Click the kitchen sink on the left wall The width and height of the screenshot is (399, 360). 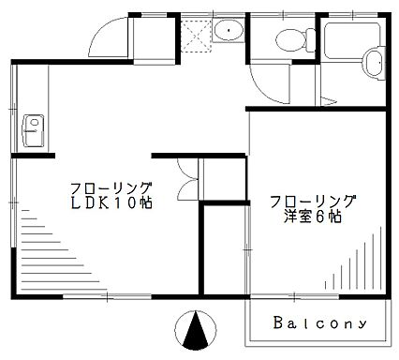[x=31, y=124]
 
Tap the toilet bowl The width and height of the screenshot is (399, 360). [x=290, y=40]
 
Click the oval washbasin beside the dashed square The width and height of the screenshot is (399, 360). [x=226, y=31]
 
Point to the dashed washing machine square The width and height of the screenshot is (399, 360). [x=195, y=34]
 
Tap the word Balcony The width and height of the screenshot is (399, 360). [x=318, y=322]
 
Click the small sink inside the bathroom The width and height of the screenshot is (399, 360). [x=374, y=64]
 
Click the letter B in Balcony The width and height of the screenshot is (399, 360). [x=279, y=322]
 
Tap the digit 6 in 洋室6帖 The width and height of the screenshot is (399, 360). [x=321, y=217]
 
